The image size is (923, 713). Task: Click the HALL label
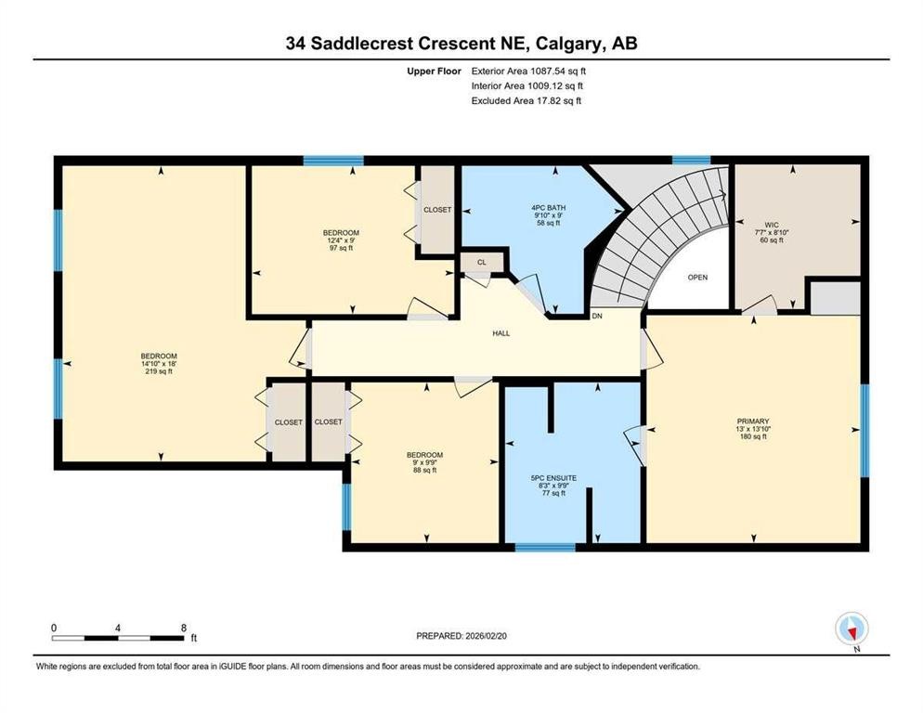[x=501, y=333]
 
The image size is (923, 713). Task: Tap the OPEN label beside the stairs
[x=697, y=278]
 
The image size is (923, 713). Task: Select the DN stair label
[x=598, y=317]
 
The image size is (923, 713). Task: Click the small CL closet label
[x=481, y=263]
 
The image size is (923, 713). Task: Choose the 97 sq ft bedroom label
[x=340, y=240]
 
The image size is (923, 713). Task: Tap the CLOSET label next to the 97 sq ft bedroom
[x=436, y=210]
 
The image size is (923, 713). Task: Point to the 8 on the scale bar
[x=183, y=628]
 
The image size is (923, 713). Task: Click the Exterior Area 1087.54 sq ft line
[x=528, y=70]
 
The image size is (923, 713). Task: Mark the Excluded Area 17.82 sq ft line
[x=526, y=100]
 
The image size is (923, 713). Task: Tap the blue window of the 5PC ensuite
[x=545, y=547]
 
